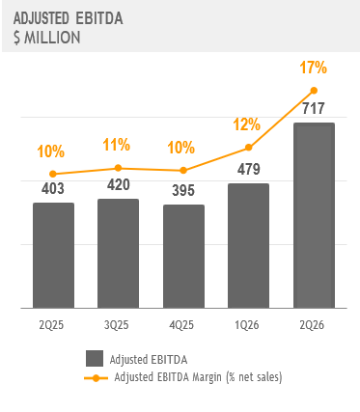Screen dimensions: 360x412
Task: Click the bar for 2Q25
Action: tap(53, 256)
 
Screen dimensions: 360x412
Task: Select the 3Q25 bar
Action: tap(118, 254)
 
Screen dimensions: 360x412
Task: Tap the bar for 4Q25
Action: tap(183, 257)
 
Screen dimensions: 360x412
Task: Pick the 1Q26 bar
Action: tap(248, 246)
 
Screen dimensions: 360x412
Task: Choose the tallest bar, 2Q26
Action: tap(314, 215)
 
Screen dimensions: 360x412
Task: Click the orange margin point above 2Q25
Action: tap(53, 174)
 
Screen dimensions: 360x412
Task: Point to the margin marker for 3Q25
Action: tap(118, 168)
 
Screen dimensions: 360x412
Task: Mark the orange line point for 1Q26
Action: tap(248, 148)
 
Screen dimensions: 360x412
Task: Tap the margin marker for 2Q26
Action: tap(314, 91)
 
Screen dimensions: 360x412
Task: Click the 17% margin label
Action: tap(313, 68)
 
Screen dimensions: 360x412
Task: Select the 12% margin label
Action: tap(246, 124)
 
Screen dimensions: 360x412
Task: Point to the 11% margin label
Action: tap(117, 145)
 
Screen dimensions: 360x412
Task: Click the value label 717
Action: tap(314, 108)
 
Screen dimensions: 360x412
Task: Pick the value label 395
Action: tap(183, 190)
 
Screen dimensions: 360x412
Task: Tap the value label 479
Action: tap(249, 169)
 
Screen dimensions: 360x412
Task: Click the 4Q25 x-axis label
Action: tap(181, 325)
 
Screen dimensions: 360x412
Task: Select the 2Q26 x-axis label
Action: tap(312, 325)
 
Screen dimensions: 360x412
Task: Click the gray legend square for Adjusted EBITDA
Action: tap(95, 359)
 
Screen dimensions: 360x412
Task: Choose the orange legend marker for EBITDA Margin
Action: tap(96, 378)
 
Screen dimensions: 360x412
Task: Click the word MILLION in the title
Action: tap(52, 38)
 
